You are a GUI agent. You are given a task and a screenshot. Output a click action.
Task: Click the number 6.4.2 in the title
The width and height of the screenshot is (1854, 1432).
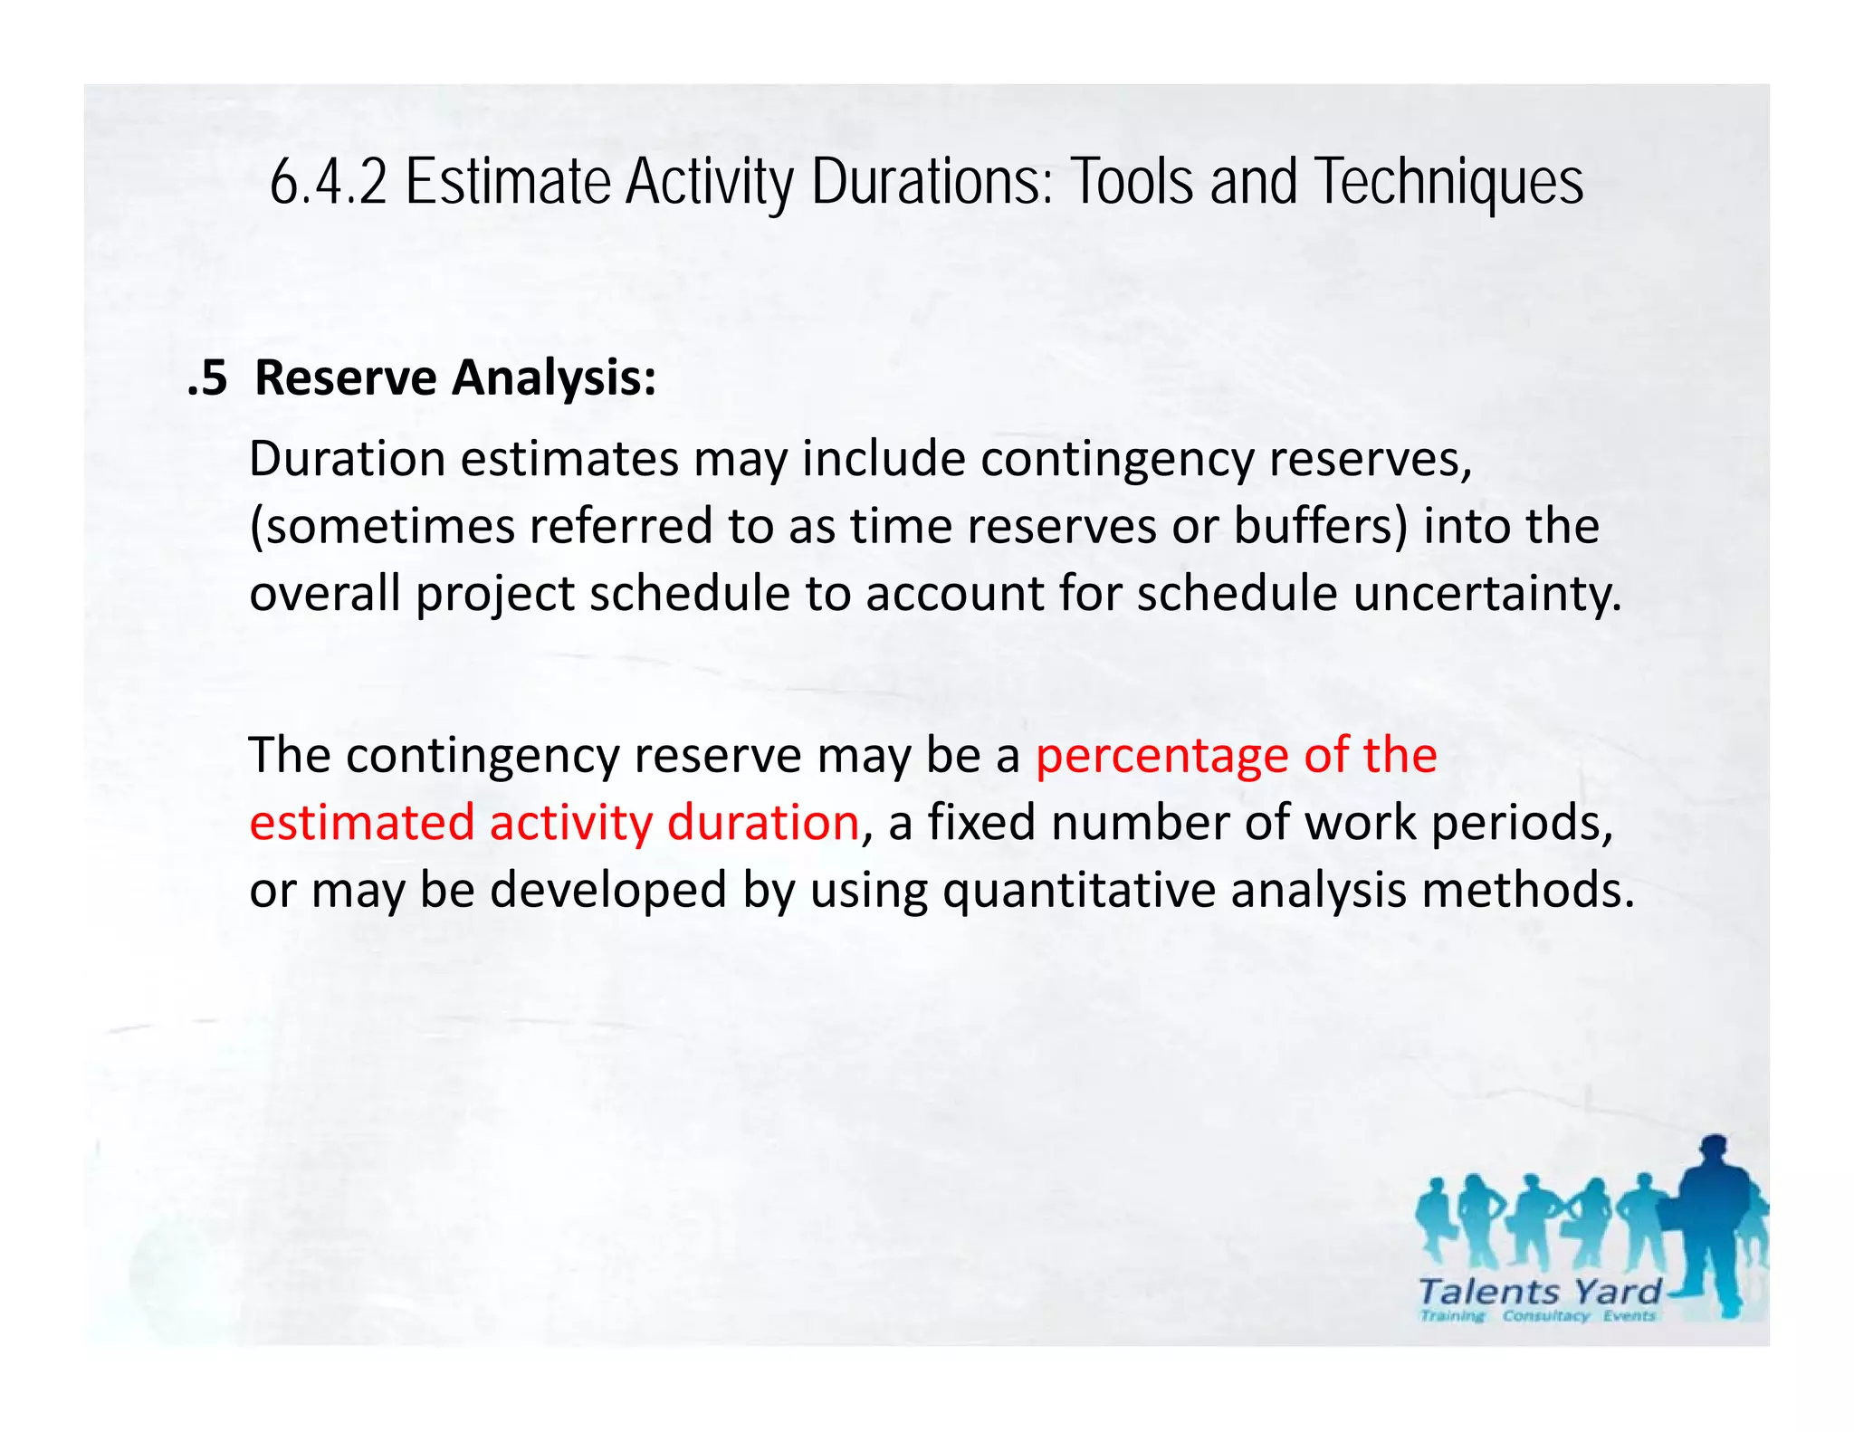coord(328,182)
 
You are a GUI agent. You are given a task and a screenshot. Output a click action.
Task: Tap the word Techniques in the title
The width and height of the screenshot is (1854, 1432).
coord(1449,182)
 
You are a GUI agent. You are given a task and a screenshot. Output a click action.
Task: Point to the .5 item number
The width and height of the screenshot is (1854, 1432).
coord(207,377)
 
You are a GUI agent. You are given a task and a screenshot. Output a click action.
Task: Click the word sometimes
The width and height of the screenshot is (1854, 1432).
coord(381,526)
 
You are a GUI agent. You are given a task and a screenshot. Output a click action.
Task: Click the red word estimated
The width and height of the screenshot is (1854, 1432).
coord(361,823)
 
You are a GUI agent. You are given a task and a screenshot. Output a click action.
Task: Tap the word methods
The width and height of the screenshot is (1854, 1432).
coord(1528,890)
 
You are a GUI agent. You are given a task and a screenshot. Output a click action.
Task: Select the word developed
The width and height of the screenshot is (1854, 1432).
coord(608,890)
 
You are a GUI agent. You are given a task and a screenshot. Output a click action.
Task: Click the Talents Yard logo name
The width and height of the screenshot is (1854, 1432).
coord(1539,1292)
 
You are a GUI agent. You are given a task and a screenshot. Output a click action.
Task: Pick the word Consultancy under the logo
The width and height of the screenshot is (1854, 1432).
coord(1545,1315)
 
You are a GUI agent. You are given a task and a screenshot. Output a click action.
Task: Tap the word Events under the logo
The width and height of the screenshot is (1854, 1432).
coord(1629,1315)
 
